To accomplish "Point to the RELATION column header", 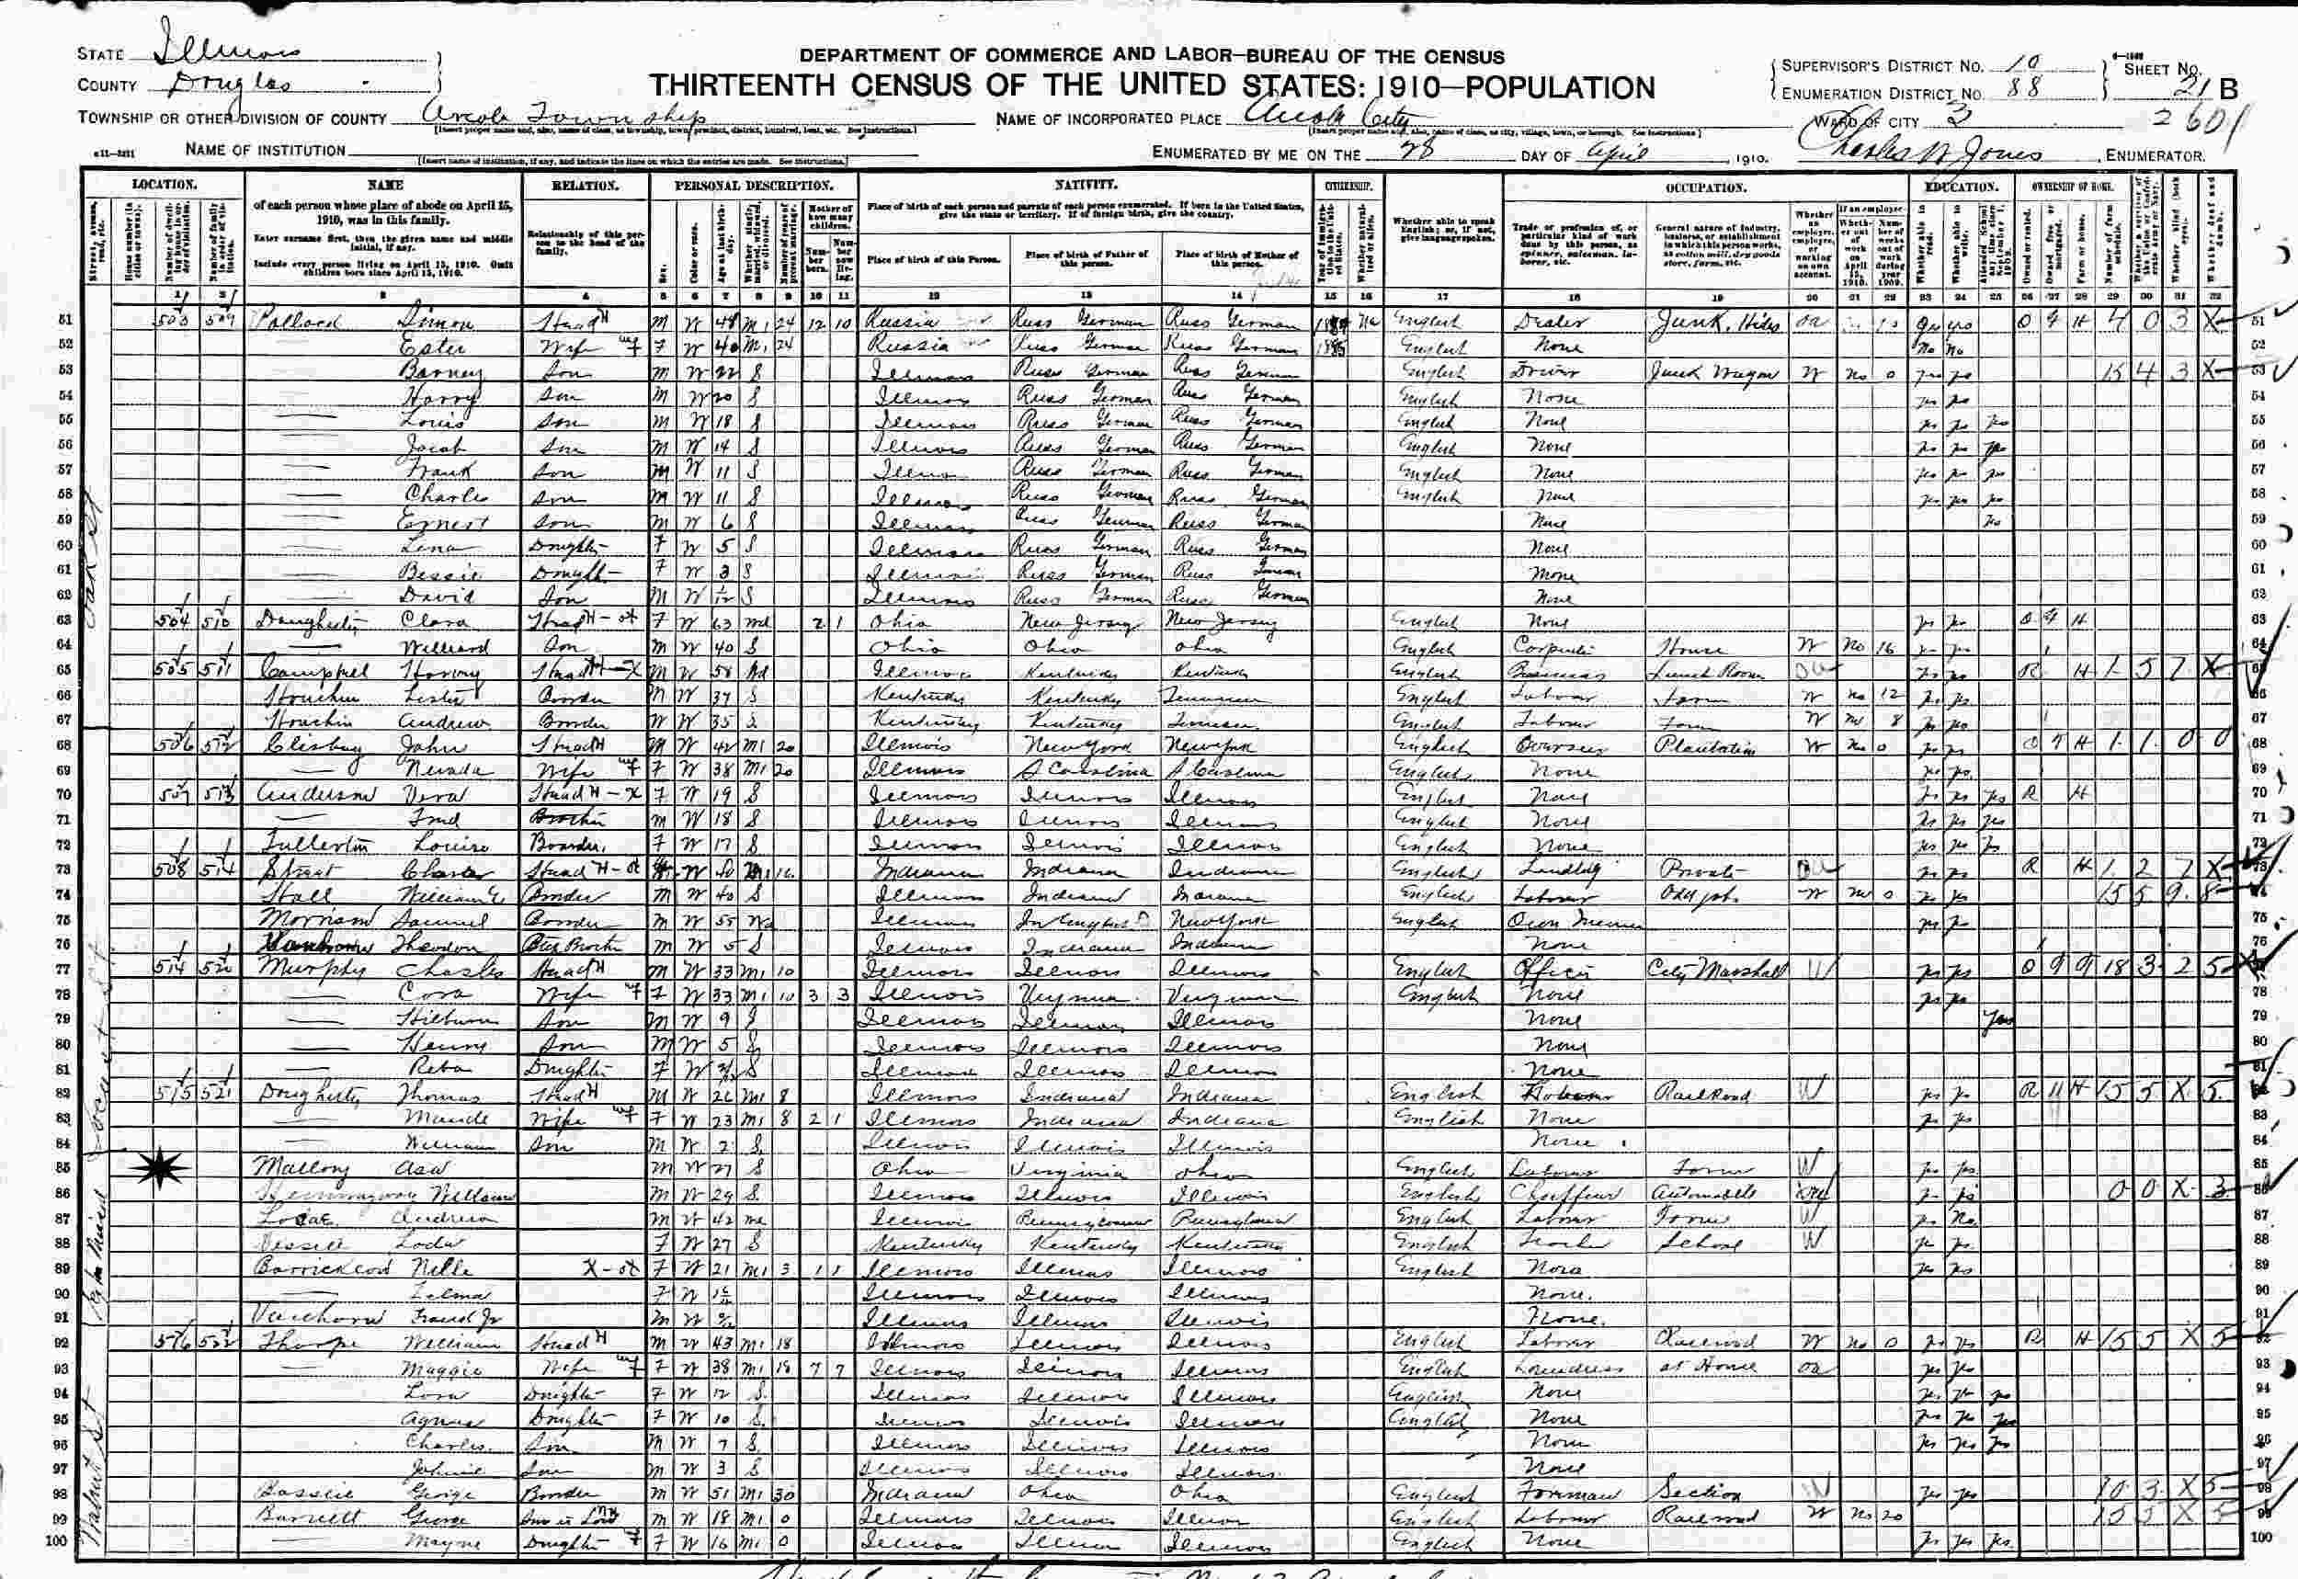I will [x=585, y=185].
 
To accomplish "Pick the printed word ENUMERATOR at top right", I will [x=2154, y=155].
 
